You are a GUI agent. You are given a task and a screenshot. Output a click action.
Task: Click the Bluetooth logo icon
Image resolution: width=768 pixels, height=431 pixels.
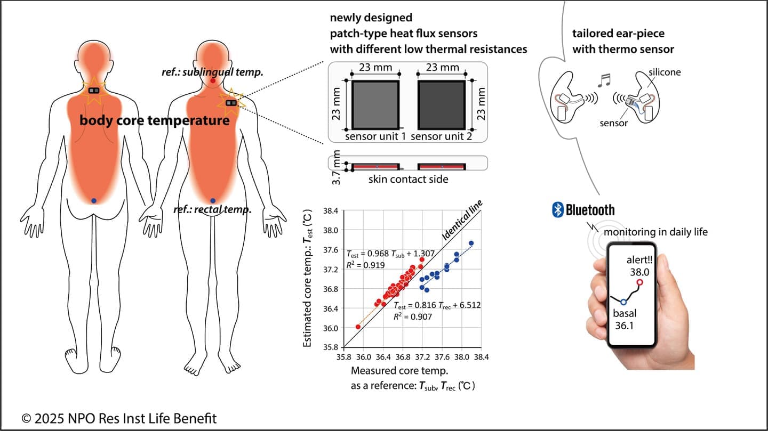click(558, 210)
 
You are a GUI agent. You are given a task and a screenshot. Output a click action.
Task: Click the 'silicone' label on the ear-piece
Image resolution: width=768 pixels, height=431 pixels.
click(665, 72)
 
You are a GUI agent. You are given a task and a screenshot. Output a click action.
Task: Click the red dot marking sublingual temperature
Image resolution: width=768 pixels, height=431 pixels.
click(213, 81)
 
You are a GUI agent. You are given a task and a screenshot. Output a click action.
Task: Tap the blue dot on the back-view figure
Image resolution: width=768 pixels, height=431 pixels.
click(94, 200)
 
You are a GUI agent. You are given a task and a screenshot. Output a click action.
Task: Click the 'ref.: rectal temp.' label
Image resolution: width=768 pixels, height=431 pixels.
click(212, 210)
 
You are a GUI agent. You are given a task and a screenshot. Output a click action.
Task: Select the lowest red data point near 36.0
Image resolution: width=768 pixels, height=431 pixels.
click(358, 327)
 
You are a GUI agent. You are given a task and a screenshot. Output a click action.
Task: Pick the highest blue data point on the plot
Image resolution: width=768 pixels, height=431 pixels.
click(471, 243)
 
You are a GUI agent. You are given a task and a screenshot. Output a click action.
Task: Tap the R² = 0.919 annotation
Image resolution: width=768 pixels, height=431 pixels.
click(365, 264)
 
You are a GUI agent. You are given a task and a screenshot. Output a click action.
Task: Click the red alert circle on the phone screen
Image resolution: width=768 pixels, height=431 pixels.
click(639, 282)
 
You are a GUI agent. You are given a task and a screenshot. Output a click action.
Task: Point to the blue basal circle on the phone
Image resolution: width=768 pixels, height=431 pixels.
click(623, 302)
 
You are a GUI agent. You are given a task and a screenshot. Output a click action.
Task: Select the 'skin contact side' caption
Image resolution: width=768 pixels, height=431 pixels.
click(408, 180)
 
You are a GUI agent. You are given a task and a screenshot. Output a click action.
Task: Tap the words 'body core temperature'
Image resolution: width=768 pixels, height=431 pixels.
click(155, 120)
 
